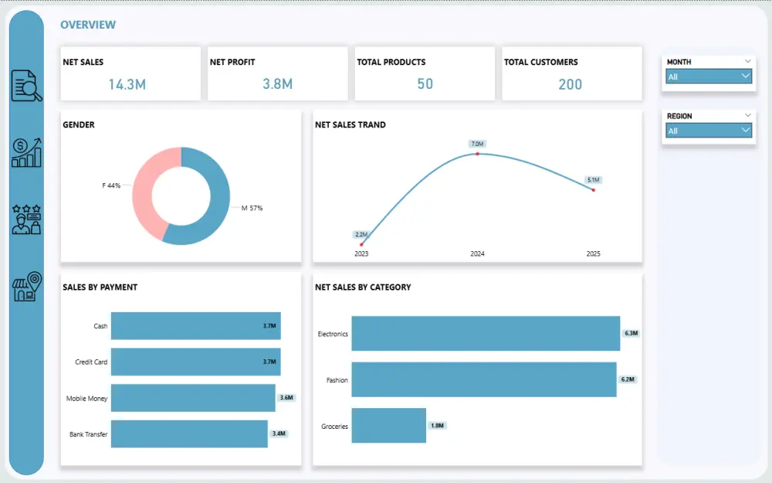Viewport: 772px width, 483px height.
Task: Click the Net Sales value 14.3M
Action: click(127, 84)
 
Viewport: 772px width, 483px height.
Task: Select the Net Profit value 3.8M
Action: click(277, 84)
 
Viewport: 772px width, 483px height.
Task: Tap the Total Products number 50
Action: click(425, 84)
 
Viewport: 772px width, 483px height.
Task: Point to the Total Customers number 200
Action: click(570, 84)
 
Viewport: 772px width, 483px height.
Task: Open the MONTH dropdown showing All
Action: click(709, 77)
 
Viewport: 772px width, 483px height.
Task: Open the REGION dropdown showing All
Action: click(709, 131)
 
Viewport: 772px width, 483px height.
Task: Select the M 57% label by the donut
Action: click(252, 208)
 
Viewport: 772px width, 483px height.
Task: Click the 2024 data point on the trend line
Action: click(477, 154)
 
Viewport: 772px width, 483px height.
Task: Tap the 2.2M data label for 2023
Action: click(361, 234)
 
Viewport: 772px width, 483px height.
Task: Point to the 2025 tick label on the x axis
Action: click(593, 254)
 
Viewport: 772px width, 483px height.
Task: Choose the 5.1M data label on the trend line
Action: click(593, 180)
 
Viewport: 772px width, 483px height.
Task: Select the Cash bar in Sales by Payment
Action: click(195, 326)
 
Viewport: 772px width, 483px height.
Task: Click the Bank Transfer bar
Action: click(189, 434)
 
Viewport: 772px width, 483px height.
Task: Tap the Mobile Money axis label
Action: click(86, 399)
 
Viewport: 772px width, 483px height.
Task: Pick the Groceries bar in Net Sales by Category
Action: click(388, 426)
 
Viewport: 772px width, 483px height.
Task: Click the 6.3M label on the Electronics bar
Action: click(631, 334)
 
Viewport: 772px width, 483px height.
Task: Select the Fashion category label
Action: click(337, 380)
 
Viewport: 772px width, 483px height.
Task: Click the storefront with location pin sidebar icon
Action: click(26, 287)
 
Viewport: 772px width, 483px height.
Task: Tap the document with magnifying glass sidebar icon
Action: click(26, 86)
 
